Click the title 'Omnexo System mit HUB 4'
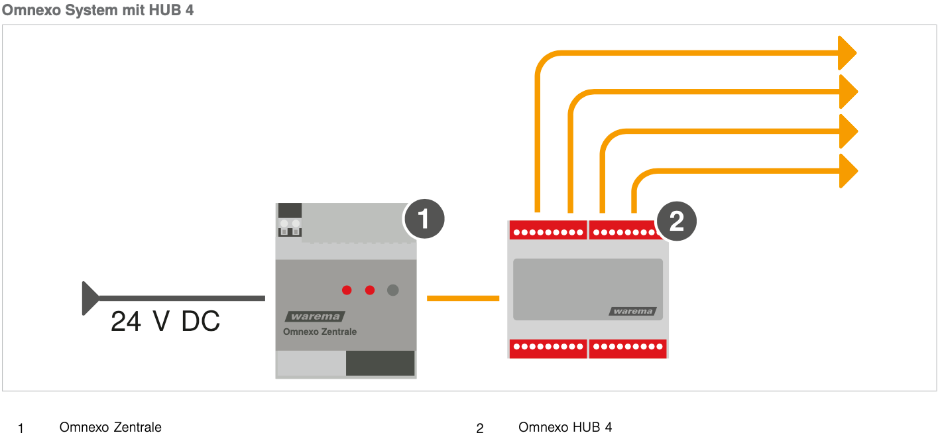point(98,11)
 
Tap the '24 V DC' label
point(165,322)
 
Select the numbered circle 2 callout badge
point(676,221)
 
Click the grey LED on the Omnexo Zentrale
point(393,290)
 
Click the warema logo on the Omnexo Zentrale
point(315,316)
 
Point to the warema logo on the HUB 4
point(632,311)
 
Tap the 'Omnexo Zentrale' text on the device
point(320,332)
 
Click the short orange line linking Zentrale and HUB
point(463,298)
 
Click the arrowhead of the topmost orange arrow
point(847,53)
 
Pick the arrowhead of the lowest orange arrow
point(848,171)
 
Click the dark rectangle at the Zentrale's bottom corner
point(380,363)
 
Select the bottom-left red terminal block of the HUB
point(548,347)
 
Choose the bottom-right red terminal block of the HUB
point(627,347)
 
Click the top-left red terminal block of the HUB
point(548,230)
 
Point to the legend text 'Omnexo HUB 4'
point(565,427)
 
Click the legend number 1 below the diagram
point(21,428)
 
